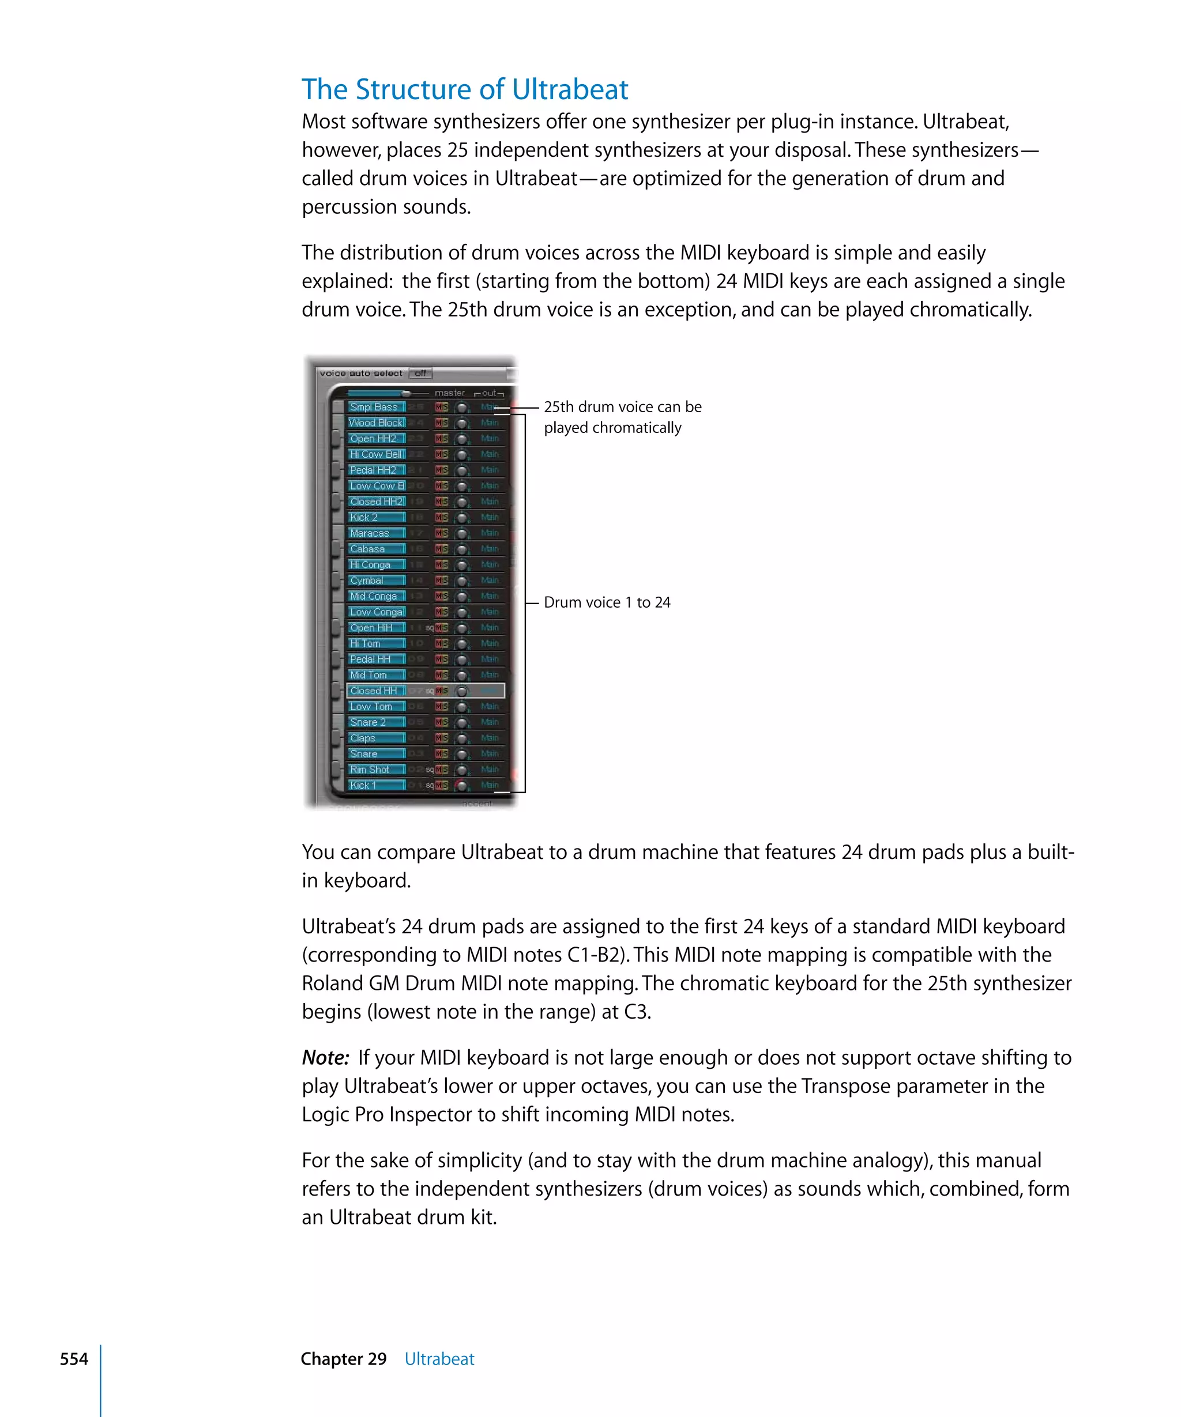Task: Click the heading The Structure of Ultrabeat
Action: point(464,90)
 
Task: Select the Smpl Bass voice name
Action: point(374,407)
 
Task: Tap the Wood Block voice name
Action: point(376,423)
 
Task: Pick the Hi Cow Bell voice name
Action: point(377,454)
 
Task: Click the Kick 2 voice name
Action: point(364,518)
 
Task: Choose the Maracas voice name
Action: point(369,533)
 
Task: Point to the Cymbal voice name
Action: point(366,581)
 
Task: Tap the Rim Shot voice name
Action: point(369,769)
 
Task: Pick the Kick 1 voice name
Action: point(363,785)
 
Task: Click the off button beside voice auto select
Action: point(420,373)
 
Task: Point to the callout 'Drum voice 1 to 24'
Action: point(607,602)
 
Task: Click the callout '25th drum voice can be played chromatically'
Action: point(622,417)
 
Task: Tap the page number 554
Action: point(74,1359)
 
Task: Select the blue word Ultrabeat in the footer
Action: point(439,1359)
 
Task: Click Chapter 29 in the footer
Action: point(344,1359)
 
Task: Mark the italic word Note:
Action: point(325,1057)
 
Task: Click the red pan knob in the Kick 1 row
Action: point(461,785)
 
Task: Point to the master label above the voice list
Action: point(449,393)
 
